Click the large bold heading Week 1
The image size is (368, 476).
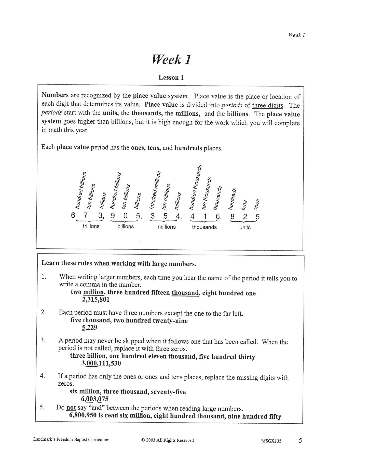(171, 60)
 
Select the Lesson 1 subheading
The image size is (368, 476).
(171, 77)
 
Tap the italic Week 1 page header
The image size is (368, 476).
(296, 35)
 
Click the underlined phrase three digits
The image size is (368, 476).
(268, 105)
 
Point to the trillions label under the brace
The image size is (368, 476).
(91, 226)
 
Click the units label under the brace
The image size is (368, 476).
(245, 227)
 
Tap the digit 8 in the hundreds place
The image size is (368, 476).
(232, 217)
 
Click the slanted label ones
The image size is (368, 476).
(257, 204)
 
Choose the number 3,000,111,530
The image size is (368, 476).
(101, 363)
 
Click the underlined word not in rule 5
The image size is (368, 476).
(71, 408)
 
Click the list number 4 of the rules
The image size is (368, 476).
(43, 376)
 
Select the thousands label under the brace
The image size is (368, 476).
(204, 227)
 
